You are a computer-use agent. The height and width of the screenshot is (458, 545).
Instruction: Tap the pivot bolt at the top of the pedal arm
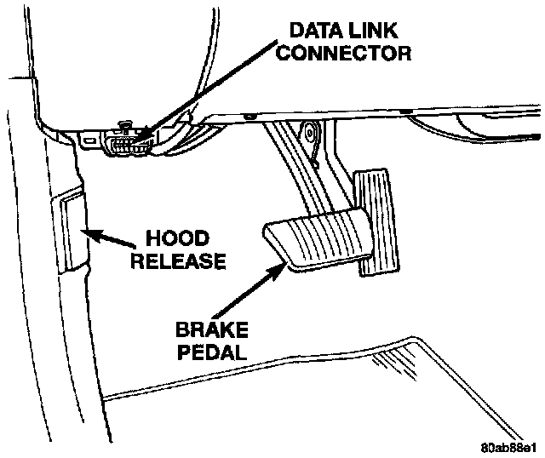[x=307, y=131]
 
